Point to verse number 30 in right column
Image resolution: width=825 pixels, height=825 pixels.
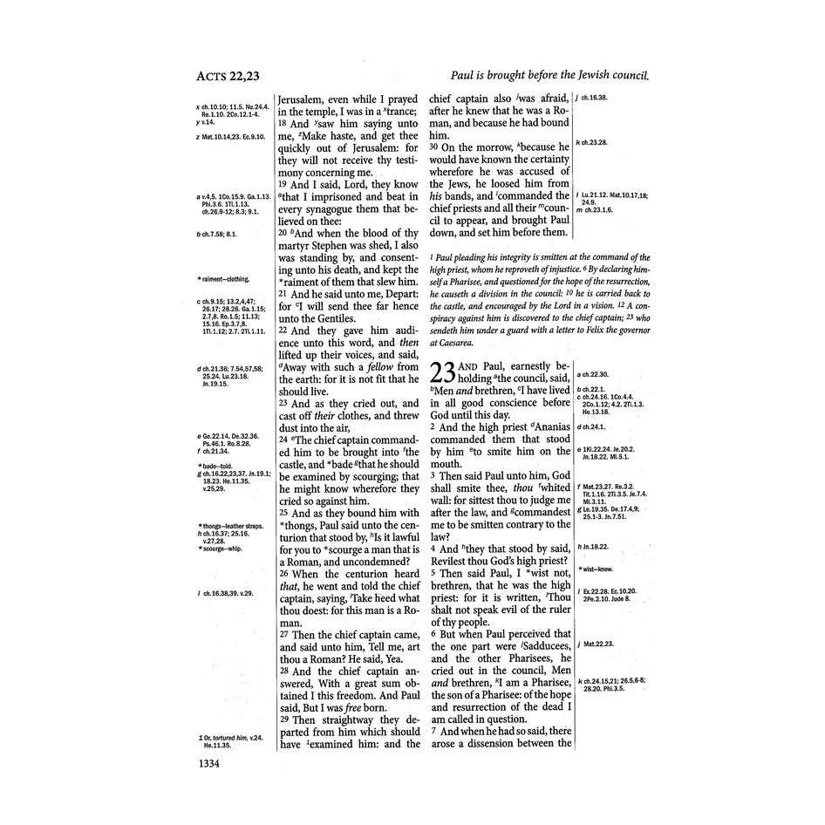tap(438, 147)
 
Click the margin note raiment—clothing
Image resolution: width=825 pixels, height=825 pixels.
tap(225, 279)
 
